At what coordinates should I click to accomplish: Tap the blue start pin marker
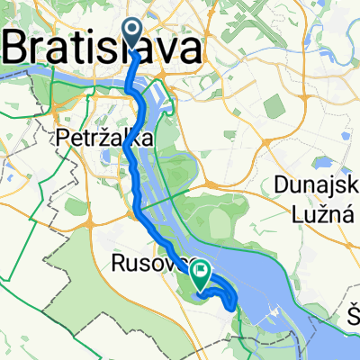click(131, 34)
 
